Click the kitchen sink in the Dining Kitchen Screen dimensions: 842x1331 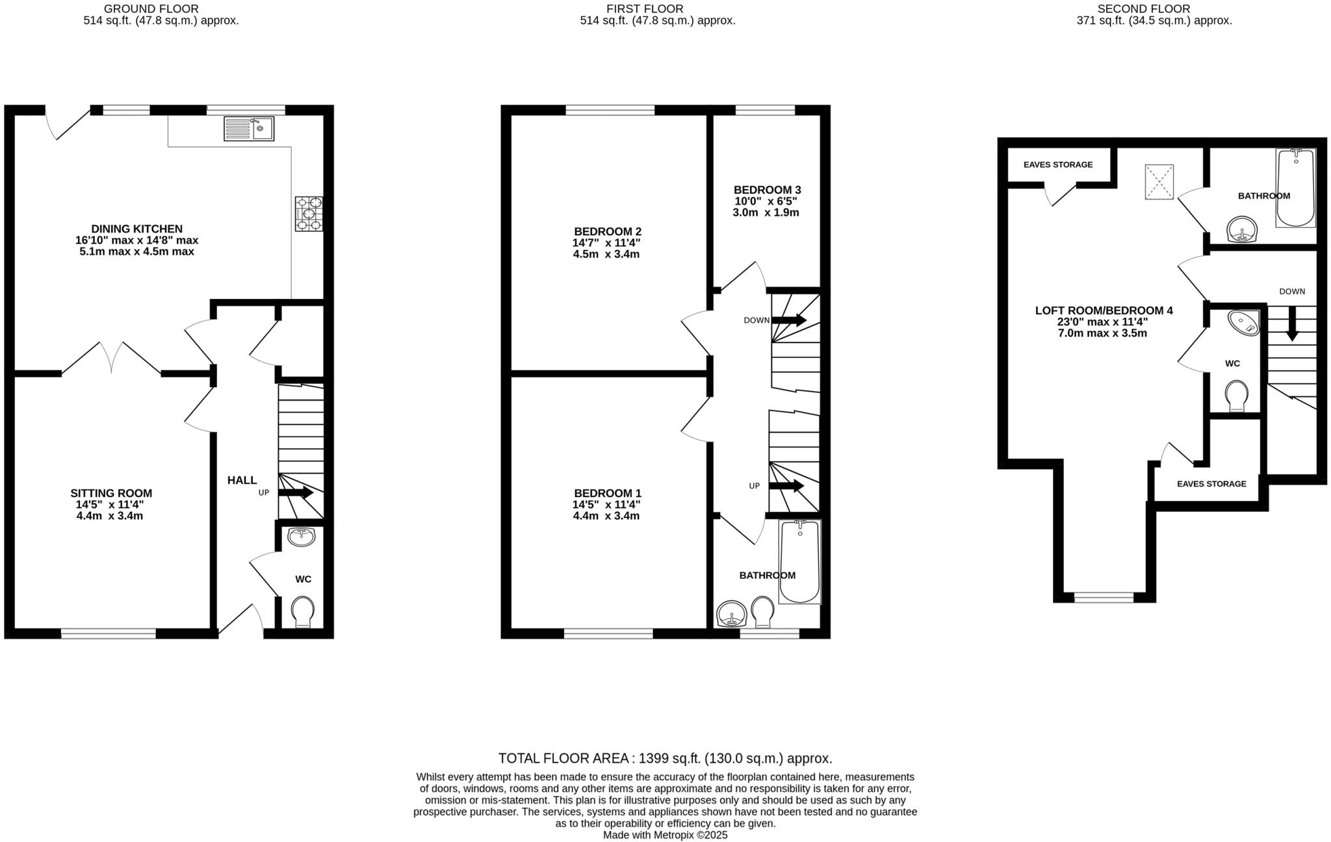click(249, 129)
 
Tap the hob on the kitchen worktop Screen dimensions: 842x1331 click(309, 214)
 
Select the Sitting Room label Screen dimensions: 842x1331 click(111, 493)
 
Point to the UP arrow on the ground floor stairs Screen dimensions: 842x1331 click(296, 492)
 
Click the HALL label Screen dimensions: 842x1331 click(242, 480)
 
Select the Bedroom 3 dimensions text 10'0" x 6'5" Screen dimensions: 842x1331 click(766, 201)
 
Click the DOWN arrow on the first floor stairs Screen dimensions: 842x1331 click(789, 320)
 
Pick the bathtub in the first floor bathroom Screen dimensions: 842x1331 click(799, 562)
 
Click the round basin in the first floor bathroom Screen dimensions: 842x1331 click(732, 613)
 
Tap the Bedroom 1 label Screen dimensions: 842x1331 click(607, 493)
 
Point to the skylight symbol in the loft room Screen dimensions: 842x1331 click(1159, 182)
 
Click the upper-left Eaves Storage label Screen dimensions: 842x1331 click(1058, 165)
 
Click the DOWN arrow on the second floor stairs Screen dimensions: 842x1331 click(1292, 323)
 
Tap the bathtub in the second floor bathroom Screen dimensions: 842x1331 click(1296, 188)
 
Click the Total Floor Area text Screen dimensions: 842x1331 click(665, 758)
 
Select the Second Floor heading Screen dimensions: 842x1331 click(1153, 9)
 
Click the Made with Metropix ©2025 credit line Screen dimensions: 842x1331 click(665, 835)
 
